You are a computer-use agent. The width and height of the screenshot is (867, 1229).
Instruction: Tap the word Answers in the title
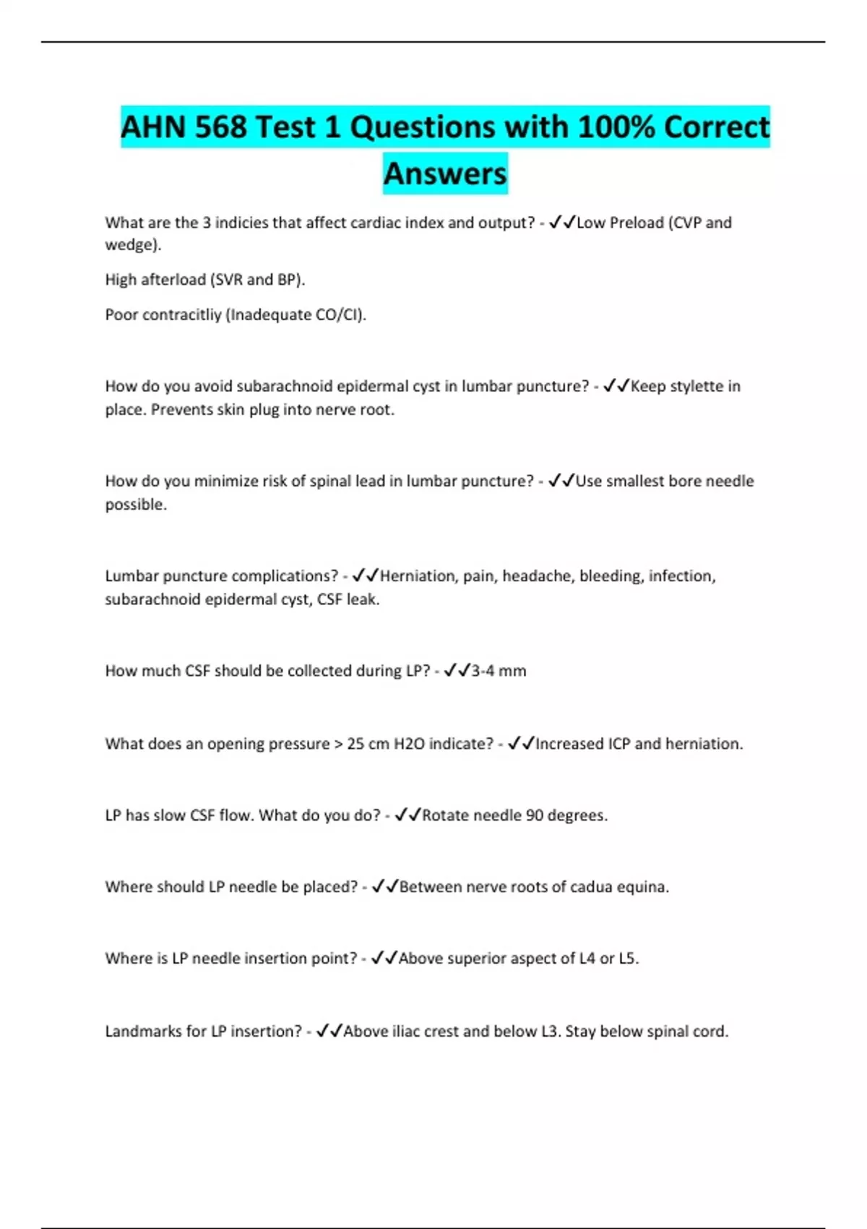click(x=445, y=174)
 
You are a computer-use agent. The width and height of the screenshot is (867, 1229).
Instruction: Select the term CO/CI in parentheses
click(x=339, y=315)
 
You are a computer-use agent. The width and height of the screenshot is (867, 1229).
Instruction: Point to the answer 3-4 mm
click(x=499, y=671)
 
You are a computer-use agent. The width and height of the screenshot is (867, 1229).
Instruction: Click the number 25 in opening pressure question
click(x=355, y=744)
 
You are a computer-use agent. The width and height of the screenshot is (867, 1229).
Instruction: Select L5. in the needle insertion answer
click(x=629, y=959)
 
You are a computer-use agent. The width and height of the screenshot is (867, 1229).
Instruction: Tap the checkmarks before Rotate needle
click(x=407, y=815)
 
